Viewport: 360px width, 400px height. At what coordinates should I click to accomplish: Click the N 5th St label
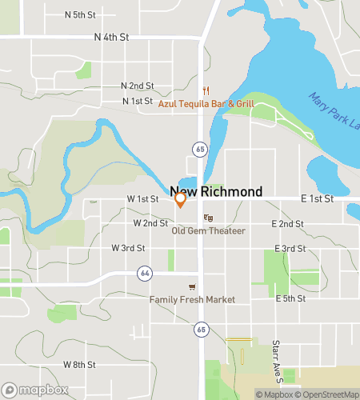80,15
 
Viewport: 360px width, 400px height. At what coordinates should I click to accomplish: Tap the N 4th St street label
111,37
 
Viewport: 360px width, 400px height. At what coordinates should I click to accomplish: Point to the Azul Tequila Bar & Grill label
206,103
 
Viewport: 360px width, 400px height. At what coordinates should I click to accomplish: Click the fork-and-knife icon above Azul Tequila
206,90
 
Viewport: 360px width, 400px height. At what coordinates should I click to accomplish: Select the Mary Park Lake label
335,107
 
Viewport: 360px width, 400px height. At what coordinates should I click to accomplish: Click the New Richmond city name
216,192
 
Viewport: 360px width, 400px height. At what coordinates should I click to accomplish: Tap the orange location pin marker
181,200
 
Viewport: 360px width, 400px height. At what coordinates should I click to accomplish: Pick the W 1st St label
142,198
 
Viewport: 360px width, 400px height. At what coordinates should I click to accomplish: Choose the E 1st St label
317,198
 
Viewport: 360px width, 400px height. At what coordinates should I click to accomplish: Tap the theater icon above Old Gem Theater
208,218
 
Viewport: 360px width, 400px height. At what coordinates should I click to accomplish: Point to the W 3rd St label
128,248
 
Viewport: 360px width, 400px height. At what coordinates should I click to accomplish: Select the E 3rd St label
290,248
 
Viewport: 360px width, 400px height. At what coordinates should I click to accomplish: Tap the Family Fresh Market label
192,299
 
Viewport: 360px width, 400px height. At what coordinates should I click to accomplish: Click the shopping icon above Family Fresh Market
191,286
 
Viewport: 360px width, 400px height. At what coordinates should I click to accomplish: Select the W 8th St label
79,364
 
